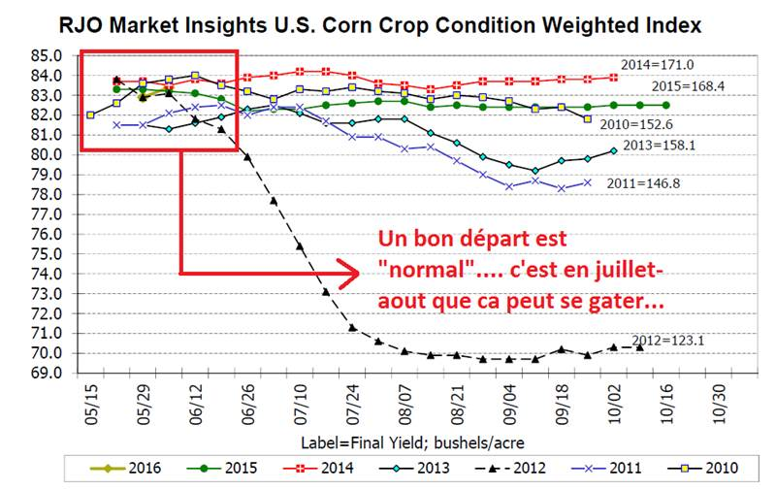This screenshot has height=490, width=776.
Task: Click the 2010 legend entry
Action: [x=708, y=467]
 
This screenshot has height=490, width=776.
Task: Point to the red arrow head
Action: [x=349, y=272]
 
